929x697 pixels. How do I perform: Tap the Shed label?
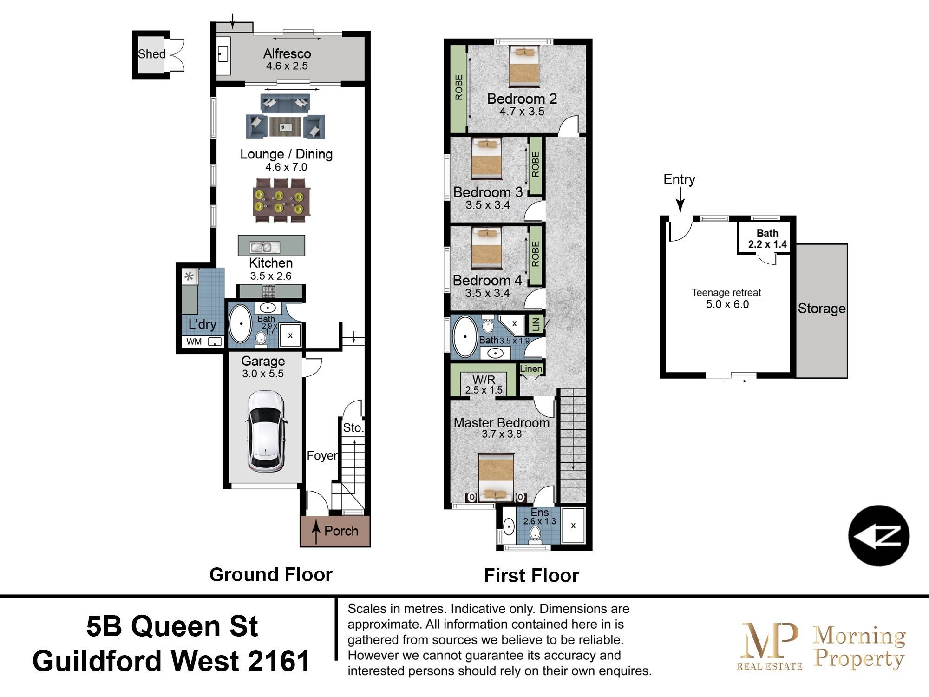(151, 54)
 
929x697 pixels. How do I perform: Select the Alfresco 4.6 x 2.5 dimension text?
(287, 66)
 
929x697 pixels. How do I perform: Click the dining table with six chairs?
(281, 200)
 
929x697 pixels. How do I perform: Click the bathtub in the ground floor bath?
(241, 324)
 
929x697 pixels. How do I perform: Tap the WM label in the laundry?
(194, 342)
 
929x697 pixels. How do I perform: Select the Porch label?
(341, 531)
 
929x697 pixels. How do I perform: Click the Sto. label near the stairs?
(353, 428)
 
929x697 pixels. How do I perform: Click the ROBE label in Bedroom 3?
(535, 164)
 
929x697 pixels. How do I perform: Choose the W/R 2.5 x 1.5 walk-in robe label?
(484, 385)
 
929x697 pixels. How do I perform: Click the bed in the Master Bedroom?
(496, 478)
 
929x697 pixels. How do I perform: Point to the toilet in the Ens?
(536, 534)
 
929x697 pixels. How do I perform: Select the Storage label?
(821, 309)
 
